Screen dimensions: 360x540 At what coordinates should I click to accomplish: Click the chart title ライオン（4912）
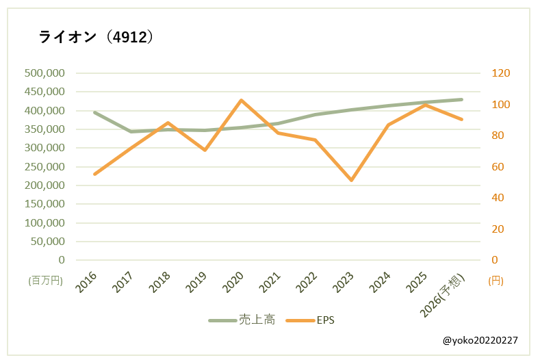[96, 37]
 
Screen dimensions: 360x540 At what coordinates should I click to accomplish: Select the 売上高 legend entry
[247, 320]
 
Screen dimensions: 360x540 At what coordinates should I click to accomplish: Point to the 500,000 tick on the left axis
[44, 73]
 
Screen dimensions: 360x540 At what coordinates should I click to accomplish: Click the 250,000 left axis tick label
[44, 167]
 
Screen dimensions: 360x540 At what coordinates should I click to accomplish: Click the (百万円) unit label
[46, 281]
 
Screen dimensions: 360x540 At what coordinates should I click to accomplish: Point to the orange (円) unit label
[496, 281]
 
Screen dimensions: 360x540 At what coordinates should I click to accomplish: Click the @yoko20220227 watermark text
[479, 340]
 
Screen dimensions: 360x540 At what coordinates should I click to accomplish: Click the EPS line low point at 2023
[351, 180]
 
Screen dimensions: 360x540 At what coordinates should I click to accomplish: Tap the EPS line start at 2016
[94, 174]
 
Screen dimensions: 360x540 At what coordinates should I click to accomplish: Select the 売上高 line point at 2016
[94, 112]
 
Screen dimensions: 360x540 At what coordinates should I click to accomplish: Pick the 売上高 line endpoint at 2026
[461, 99]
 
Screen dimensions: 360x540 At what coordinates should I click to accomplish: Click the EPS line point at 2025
[425, 105]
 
